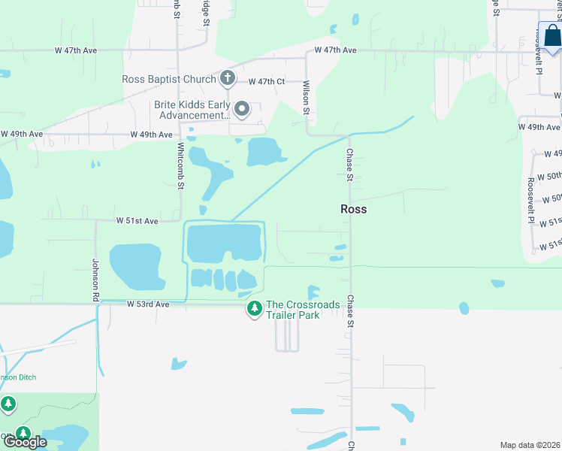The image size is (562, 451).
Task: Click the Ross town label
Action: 354,209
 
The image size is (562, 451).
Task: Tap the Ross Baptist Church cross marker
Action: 228,78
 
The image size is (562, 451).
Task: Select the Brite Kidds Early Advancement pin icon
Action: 242,110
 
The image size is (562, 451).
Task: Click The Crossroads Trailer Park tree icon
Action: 255,308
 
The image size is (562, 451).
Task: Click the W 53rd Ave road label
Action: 148,304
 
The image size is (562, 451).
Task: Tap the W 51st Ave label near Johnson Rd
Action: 137,221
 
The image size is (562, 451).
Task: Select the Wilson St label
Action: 307,98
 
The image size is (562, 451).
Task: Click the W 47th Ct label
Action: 267,81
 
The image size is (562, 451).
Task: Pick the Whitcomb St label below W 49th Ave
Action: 180,165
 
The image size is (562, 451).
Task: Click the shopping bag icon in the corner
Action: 551,36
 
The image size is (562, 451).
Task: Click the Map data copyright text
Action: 530,445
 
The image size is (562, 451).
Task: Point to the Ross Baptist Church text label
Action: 170,79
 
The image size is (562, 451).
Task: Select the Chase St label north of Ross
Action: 349,165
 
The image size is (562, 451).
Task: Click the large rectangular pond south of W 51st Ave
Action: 225,242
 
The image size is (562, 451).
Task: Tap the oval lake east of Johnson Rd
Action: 137,266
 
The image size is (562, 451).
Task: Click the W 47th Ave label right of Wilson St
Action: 335,50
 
